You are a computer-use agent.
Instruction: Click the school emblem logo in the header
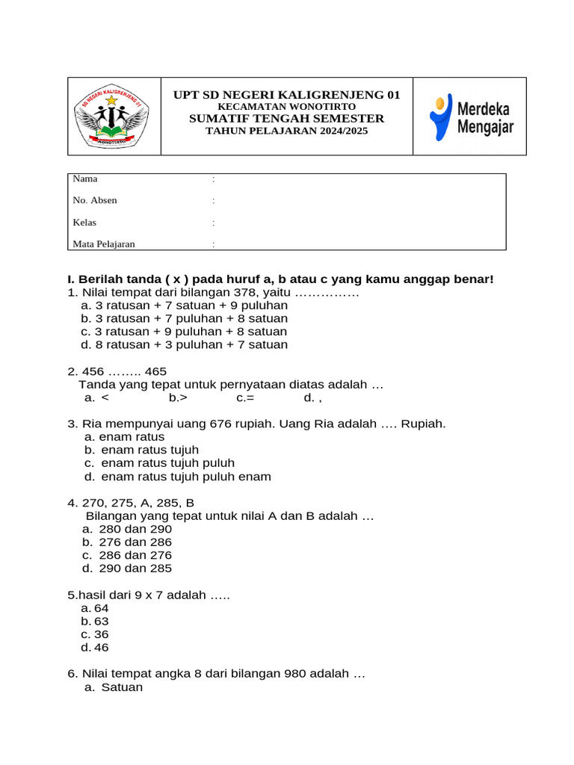114,117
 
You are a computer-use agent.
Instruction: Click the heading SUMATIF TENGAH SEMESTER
286,119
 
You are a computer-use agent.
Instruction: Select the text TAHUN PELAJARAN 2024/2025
286,131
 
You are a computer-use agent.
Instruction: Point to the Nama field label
85,179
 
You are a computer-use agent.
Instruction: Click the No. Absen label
95,201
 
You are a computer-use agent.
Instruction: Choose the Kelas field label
84,223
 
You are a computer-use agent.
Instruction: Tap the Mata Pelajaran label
104,244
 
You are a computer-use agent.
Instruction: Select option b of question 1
183,318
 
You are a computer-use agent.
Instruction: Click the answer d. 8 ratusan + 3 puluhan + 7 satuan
183,345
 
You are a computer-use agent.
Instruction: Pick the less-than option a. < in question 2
97,398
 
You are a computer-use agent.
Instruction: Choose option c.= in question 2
245,398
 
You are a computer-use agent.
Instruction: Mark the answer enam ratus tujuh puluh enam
185,477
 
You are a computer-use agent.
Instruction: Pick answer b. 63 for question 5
95,622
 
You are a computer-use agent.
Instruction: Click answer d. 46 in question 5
95,648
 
